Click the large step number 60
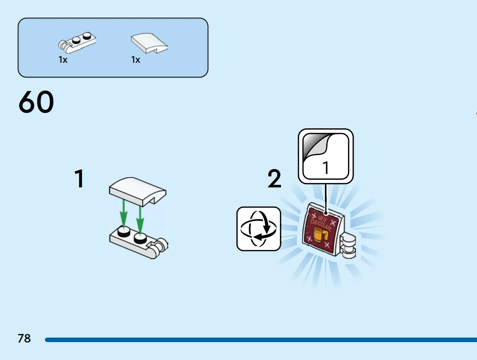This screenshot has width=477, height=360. [36, 102]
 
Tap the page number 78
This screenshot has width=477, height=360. [24, 338]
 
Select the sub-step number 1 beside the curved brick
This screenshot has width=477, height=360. [79, 179]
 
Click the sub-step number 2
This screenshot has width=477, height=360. [274, 179]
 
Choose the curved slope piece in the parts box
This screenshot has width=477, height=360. [149, 43]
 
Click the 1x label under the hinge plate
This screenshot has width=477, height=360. [63, 60]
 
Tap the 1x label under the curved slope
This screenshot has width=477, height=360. [136, 60]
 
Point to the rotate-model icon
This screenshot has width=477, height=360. [258, 229]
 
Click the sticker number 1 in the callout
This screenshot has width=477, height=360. [326, 168]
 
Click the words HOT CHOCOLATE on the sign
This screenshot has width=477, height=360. [321, 223]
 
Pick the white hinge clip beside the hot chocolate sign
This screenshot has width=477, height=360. [349, 245]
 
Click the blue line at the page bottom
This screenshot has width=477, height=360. [261, 340]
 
